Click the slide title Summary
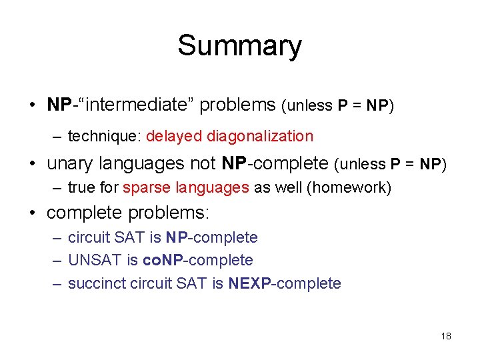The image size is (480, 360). click(239, 46)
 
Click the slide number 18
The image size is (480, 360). click(446, 336)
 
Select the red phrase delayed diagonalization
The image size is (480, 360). click(229, 137)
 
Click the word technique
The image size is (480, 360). click(104, 137)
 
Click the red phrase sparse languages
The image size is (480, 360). click(186, 188)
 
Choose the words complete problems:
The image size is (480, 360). click(128, 213)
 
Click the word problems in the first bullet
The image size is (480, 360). click(237, 105)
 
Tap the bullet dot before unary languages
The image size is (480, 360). click(33, 164)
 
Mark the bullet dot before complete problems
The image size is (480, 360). click(33, 214)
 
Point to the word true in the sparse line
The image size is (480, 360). click(80, 188)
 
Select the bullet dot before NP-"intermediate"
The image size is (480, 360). click(33, 105)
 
